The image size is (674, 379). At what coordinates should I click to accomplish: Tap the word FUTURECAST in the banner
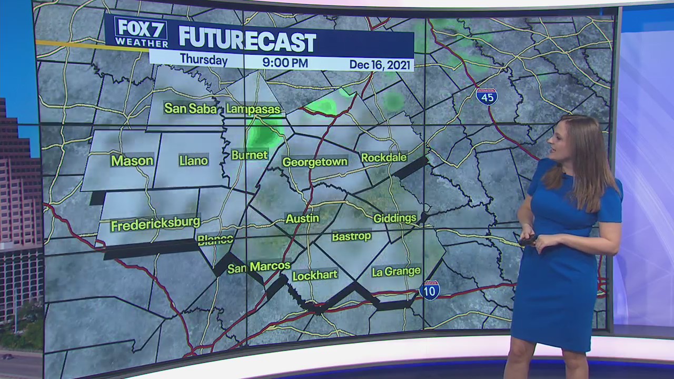pyautogui.click(x=247, y=40)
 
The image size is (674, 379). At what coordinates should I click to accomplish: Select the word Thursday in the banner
pyautogui.click(x=204, y=60)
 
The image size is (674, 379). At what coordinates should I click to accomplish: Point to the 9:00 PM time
pyautogui.click(x=285, y=63)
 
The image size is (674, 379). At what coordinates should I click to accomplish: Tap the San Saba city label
pyautogui.click(x=190, y=108)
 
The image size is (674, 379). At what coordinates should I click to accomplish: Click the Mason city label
pyautogui.click(x=132, y=161)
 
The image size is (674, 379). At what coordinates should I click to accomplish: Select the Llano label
pyautogui.click(x=193, y=161)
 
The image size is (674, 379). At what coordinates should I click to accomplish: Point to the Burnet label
pyautogui.click(x=250, y=155)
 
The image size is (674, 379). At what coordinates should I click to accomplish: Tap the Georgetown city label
pyautogui.click(x=315, y=162)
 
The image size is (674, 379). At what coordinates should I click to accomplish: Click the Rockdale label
pyautogui.click(x=384, y=157)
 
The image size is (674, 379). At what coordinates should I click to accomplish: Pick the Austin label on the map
pyautogui.click(x=302, y=218)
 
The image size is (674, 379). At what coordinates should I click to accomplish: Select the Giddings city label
pyautogui.click(x=394, y=218)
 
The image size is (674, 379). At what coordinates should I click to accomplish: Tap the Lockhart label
pyautogui.click(x=314, y=275)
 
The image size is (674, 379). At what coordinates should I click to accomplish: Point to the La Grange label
pyautogui.click(x=396, y=272)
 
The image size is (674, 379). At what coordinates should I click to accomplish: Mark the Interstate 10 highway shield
pyautogui.click(x=430, y=291)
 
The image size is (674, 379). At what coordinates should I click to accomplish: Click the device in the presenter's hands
pyautogui.click(x=528, y=241)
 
